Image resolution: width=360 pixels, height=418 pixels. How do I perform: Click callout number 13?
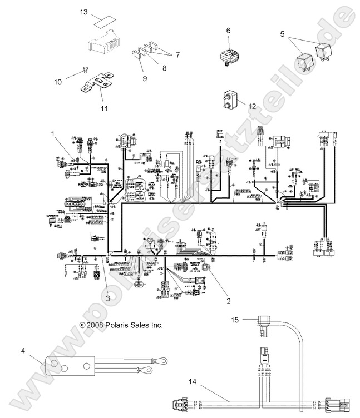(83, 12)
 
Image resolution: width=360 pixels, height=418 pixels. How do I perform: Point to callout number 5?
(283, 33)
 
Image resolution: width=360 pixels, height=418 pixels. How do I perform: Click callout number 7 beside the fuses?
(178, 55)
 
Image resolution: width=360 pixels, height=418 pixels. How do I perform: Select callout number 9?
(144, 79)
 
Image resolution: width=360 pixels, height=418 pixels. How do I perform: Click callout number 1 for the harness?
(53, 133)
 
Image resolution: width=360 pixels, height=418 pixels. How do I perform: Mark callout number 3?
(108, 296)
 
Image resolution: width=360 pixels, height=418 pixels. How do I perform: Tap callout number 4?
(23, 350)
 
